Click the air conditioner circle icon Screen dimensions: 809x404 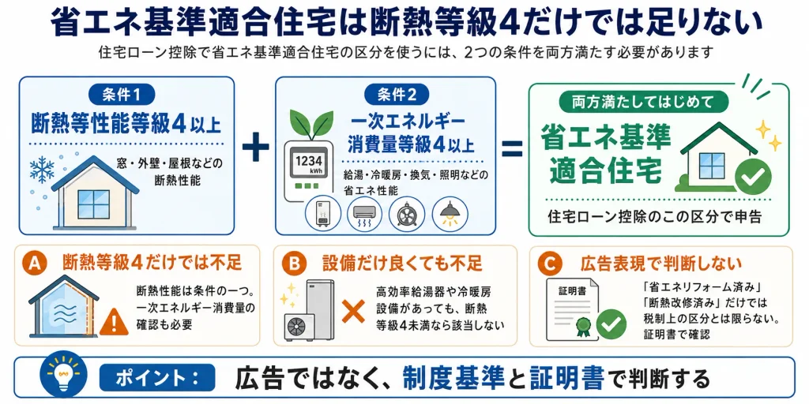click(x=366, y=213)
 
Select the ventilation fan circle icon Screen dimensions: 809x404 click(x=407, y=213)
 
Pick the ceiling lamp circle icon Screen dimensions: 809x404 click(x=450, y=213)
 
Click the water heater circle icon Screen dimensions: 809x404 click(x=323, y=213)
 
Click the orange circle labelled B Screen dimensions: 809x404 click(x=294, y=264)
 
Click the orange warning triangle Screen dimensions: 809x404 click(x=114, y=322)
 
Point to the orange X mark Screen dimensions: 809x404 click(x=353, y=311)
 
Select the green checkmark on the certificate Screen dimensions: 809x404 click(x=611, y=324)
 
